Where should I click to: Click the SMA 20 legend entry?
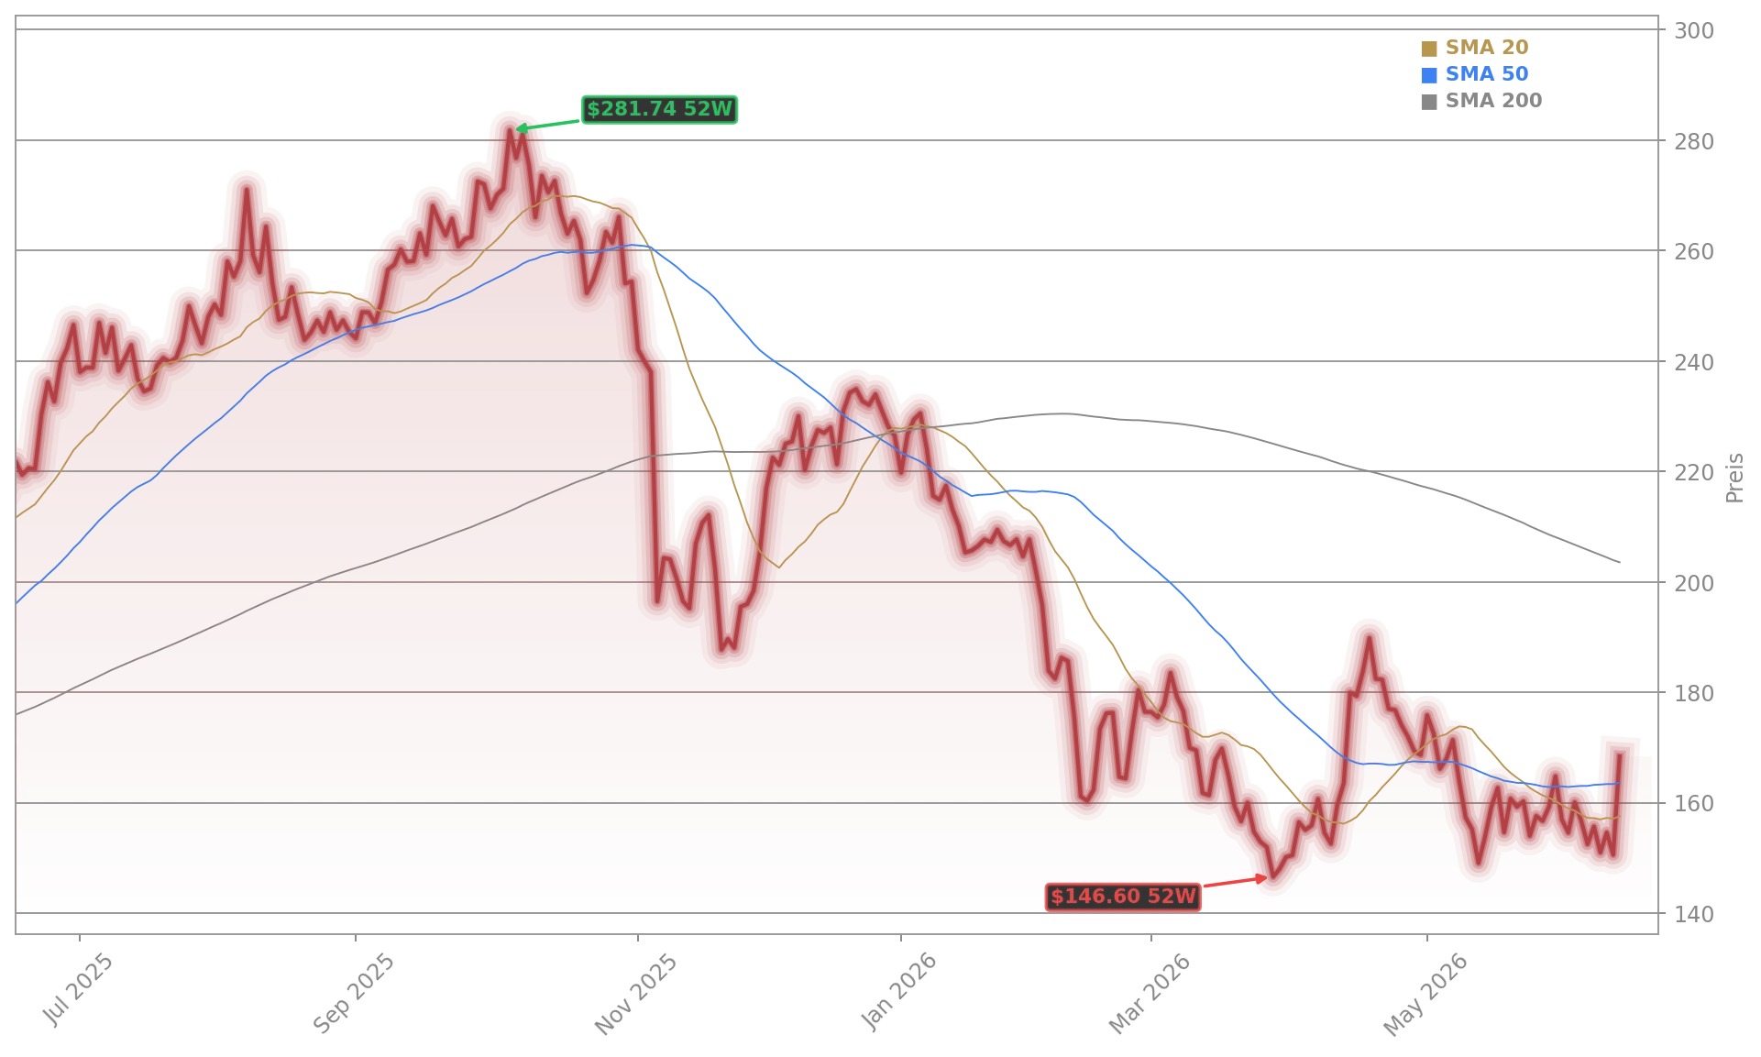click(1475, 48)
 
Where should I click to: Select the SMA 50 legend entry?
click(1475, 74)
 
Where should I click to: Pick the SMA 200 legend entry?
click(1481, 101)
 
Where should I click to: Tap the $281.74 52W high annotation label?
click(659, 109)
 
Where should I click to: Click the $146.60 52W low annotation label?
click(1123, 897)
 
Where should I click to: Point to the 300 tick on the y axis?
click(1694, 31)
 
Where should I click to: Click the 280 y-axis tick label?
click(1694, 142)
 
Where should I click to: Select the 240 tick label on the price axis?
click(1694, 363)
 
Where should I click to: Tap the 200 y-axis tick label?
click(1694, 583)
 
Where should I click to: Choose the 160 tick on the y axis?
click(1694, 804)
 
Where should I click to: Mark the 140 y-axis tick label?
click(1694, 915)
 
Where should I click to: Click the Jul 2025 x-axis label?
click(78, 989)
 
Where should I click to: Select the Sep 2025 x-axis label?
click(354, 994)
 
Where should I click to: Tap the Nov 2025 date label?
click(636, 995)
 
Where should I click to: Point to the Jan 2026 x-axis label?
click(899, 992)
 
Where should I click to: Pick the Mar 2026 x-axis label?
click(1150, 994)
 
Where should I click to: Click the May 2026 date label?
click(1425, 995)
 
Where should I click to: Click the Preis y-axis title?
click(1734, 478)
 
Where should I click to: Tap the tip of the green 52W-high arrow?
click(516, 129)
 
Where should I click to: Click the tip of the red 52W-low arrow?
click(1267, 878)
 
